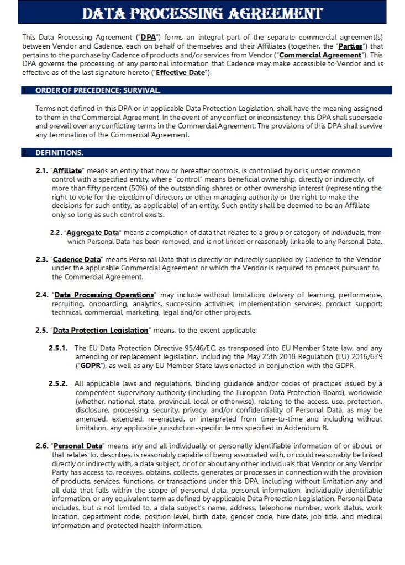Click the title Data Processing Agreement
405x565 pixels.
(x=202, y=13)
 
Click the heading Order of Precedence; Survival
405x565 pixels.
(x=98, y=90)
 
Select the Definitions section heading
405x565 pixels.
(x=59, y=152)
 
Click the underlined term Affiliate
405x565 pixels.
(x=67, y=171)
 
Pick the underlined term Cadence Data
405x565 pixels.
(x=77, y=259)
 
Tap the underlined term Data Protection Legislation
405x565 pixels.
(x=101, y=330)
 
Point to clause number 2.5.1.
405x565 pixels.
(x=58, y=348)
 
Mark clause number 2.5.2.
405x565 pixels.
(x=58, y=383)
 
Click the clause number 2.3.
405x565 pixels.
(x=42, y=259)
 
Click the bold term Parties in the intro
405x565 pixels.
(x=350, y=46)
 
